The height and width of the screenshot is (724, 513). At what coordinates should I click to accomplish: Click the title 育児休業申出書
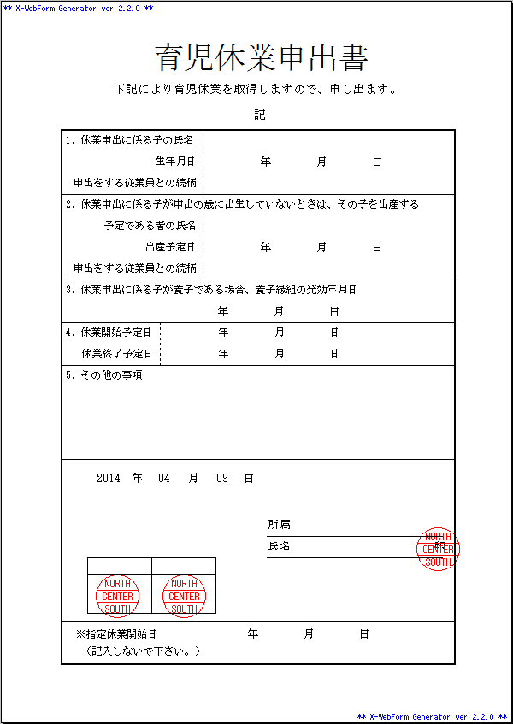262,58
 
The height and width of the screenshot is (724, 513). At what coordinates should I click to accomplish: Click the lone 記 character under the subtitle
260,115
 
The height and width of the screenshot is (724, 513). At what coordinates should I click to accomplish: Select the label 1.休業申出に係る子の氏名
130,140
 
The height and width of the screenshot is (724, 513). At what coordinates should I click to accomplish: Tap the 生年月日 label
175,162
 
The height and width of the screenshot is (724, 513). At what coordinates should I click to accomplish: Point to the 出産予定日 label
170,247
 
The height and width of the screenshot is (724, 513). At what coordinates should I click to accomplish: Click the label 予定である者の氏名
150,226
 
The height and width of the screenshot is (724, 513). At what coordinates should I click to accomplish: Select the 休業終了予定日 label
117,354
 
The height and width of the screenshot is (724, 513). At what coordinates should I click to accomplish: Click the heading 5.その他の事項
103,375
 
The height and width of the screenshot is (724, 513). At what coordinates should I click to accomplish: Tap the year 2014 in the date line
109,479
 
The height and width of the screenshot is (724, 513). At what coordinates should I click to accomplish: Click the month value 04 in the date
164,479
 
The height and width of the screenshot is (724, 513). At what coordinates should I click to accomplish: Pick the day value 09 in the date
221,479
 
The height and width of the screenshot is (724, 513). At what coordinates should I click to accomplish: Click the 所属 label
279,525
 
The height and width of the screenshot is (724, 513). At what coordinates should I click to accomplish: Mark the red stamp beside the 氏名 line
438,549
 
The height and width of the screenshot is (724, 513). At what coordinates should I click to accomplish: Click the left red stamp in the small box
118,596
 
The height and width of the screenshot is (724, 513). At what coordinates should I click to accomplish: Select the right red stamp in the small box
184,596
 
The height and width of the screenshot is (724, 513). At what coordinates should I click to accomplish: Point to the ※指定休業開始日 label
116,634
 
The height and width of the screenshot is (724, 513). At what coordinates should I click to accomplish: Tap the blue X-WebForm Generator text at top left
79,8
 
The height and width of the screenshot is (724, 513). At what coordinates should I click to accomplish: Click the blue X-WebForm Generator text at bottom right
433,716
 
